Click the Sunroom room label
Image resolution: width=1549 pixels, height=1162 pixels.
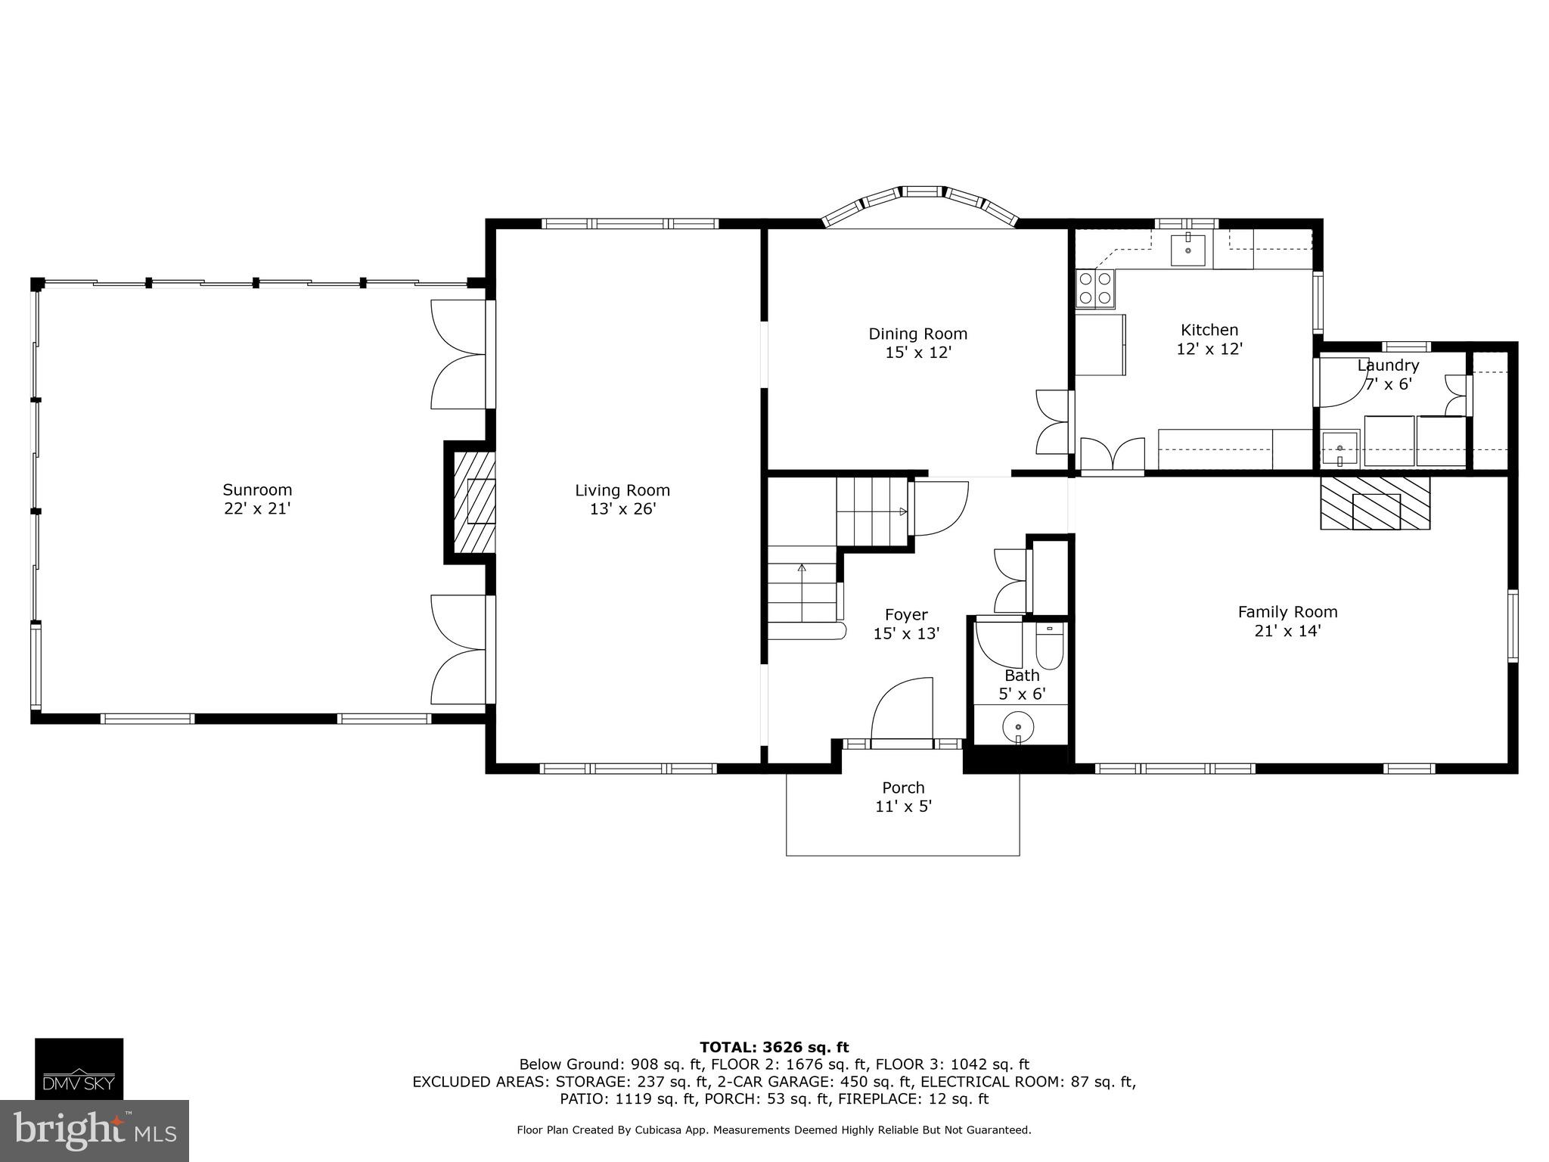pos(257,489)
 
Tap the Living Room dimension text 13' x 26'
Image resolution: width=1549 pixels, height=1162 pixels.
pos(622,509)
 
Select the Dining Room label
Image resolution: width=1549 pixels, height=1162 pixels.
pos(917,334)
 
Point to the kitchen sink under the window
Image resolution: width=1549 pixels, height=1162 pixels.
pos(1188,250)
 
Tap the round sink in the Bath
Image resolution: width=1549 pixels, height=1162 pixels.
pos(1018,729)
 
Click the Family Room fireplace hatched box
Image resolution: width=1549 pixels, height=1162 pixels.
pos(1375,502)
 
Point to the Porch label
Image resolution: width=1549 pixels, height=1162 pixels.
pos(903,788)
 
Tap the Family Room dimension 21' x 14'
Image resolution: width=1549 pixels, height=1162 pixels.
pos(1287,631)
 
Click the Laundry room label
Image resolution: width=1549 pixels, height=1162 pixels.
pos(1388,365)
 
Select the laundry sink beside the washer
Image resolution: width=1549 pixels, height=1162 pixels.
pos(1340,449)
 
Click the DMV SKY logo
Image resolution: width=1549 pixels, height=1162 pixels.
pos(79,1068)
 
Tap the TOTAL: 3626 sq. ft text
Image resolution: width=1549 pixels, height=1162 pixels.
pos(774,1047)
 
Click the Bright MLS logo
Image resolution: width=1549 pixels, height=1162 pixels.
pos(94,1131)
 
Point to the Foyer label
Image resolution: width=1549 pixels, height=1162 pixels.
pos(906,614)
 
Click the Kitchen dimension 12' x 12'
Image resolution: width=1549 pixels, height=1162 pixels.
pos(1209,349)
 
